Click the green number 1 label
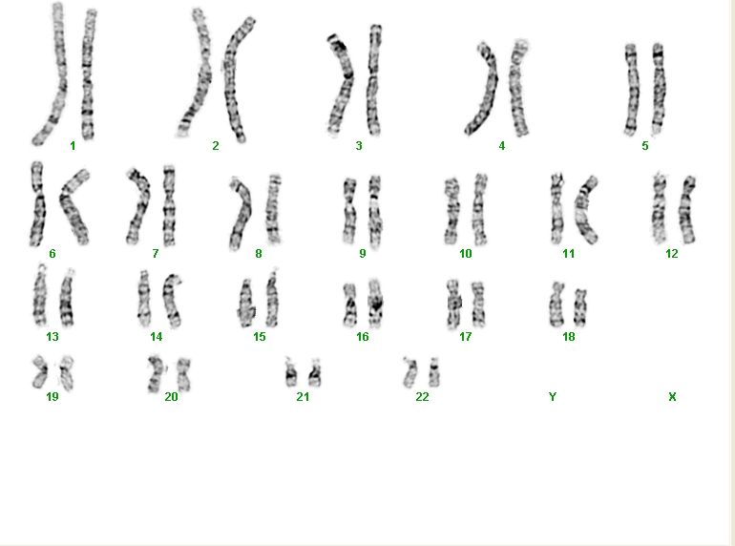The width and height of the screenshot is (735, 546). (x=73, y=146)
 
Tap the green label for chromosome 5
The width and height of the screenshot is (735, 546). (x=645, y=146)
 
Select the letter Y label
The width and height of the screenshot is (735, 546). (x=553, y=397)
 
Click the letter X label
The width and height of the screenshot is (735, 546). (x=672, y=397)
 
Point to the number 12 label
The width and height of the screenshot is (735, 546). (x=672, y=254)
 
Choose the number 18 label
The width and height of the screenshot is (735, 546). (x=569, y=337)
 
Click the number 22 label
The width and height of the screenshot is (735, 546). (x=422, y=397)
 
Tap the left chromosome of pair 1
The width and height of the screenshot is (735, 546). (x=52, y=75)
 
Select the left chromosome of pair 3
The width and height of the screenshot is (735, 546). (x=342, y=84)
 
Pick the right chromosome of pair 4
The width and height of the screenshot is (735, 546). (x=518, y=88)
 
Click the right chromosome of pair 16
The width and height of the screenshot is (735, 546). (x=375, y=304)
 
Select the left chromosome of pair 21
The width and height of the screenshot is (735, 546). (x=291, y=373)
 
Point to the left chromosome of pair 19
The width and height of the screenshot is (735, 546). (x=40, y=372)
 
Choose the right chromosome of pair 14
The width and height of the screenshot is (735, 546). (x=172, y=300)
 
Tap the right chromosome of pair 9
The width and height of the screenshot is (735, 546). (x=375, y=212)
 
